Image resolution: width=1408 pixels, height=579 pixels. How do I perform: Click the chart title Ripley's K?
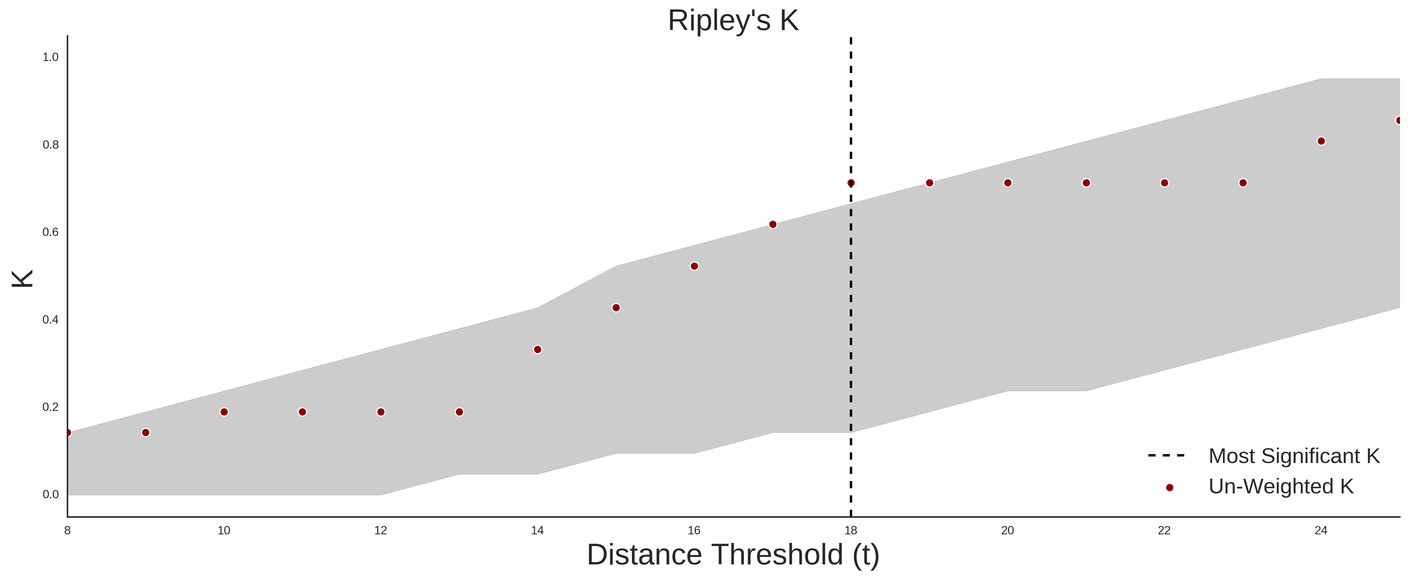tap(733, 21)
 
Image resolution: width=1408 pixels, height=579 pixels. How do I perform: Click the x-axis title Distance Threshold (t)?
tap(733, 555)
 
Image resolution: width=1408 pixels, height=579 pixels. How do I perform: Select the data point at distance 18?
tap(851, 183)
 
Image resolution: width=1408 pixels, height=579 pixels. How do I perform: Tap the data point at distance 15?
tap(616, 308)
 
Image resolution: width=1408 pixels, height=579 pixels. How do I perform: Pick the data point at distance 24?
tap(1321, 141)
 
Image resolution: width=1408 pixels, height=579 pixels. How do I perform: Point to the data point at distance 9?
tap(145, 433)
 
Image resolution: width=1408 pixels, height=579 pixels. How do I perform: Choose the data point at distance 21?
tap(1086, 183)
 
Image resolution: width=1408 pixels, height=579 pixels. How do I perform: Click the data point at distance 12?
tap(381, 412)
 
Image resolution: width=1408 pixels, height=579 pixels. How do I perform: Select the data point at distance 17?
tap(773, 224)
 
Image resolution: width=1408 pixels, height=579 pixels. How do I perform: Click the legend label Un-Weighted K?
tap(1281, 487)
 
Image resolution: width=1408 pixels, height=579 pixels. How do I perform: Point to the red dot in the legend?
tap(1169, 488)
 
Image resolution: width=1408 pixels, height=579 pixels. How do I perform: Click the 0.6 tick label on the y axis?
tap(50, 232)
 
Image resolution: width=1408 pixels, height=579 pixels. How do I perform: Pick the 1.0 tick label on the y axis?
tap(50, 57)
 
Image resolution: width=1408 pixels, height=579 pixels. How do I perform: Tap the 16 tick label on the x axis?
tap(694, 530)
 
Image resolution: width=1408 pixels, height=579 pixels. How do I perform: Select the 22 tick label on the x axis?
tap(1164, 530)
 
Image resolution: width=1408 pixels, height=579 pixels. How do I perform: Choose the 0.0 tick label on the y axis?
tap(50, 494)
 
